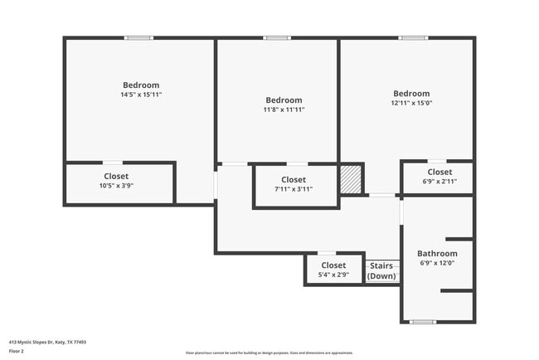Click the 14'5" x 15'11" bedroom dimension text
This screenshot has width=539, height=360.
pos(141,95)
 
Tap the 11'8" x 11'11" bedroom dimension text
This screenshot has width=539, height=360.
pos(284,109)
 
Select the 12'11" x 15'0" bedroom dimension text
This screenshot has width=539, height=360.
pos(411,104)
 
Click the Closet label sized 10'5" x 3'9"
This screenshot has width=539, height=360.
pos(116,176)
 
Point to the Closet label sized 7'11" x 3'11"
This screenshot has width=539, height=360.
pos(294,179)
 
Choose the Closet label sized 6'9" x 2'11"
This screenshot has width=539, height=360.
pos(439,172)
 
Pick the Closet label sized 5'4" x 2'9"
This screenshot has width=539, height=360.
pos(333,265)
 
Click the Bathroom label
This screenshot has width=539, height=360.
pos(437,254)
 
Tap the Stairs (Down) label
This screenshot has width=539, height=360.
pos(381,270)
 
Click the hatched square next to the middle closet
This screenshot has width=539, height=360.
pos(352,178)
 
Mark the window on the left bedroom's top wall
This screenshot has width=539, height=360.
pos(139,38)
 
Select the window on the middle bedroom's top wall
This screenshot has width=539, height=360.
pos(277,38)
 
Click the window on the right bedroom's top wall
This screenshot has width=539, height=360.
pos(412,38)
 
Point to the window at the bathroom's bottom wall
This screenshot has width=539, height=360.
pos(423,322)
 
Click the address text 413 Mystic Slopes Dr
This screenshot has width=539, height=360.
pos(47,341)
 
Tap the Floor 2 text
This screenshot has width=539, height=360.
pos(17,352)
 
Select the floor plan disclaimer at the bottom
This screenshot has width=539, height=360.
pos(269,353)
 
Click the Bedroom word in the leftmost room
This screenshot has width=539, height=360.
pos(141,85)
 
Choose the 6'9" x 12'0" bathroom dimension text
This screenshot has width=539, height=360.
pos(437,263)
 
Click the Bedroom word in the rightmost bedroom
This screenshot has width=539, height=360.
pos(411,94)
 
